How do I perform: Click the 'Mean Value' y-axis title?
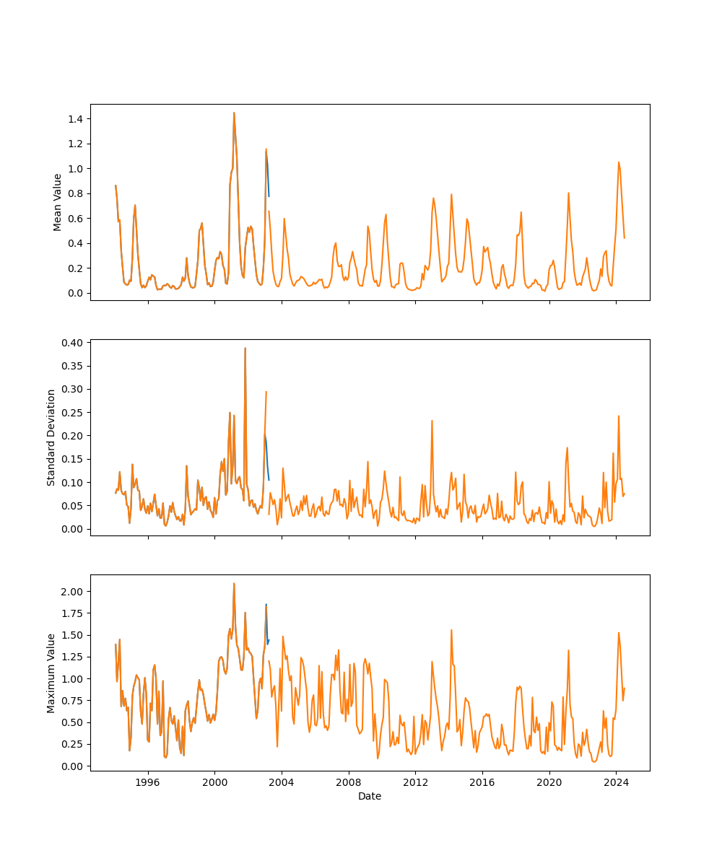click(58, 202)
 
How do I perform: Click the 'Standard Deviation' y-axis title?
click(51, 437)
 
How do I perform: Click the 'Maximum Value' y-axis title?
click(51, 673)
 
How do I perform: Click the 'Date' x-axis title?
click(370, 797)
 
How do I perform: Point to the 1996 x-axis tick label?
click(148, 782)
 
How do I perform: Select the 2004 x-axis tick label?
click(282, 782)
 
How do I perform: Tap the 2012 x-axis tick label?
click(415, 782)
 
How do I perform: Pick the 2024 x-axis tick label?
click(616, 782)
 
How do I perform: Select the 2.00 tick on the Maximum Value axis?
click(74, 592)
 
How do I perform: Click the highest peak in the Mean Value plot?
click(234, 113)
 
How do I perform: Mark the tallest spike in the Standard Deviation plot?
click(245, 348)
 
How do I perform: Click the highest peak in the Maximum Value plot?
click(234, 583)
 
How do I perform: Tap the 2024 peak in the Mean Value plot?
click(619, 162)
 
